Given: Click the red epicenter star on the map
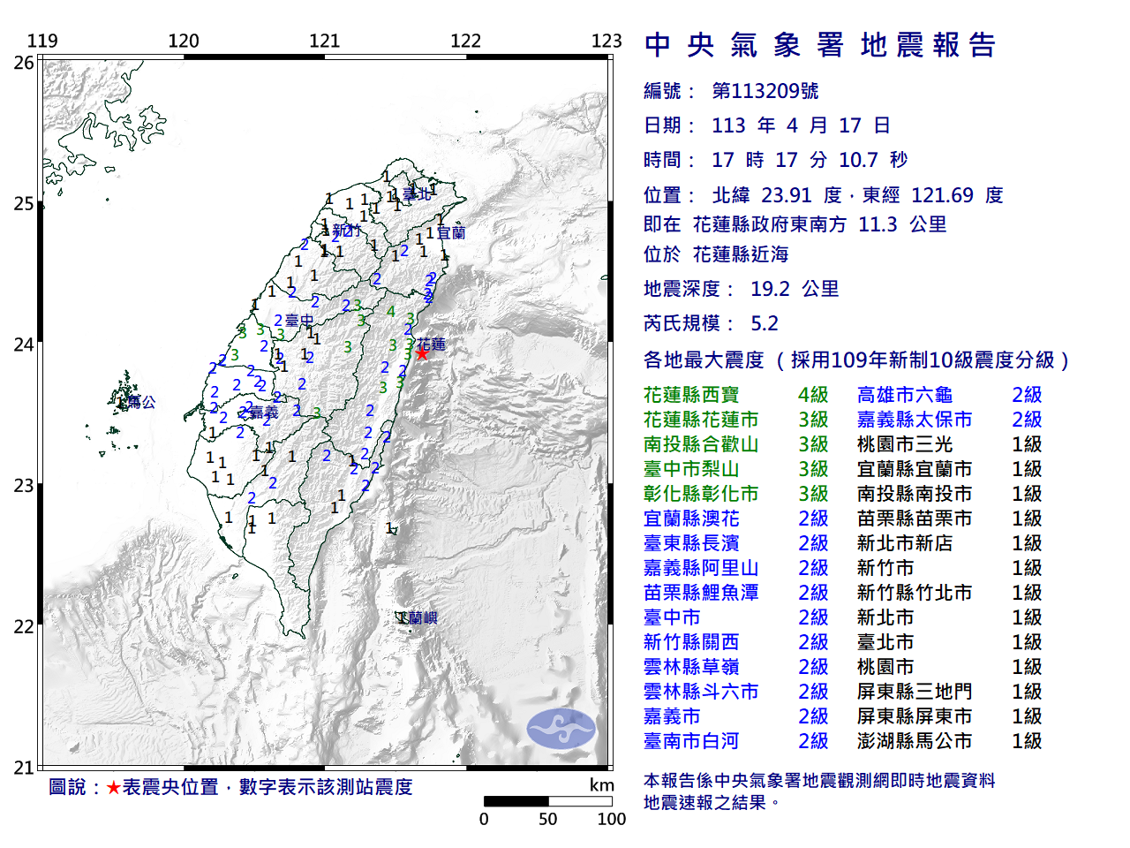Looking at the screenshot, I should click(x=422, y=352).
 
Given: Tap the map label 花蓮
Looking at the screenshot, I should click(x=432, y=344).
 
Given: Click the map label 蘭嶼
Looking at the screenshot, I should click(x=422, y=617).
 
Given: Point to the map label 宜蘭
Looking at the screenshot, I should click(x=451, y=232).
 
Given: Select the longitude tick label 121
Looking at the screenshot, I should click(x=325, y=41).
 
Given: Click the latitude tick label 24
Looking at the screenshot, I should click(x=24, y=344).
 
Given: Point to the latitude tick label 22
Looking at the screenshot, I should click(x=24, y=627).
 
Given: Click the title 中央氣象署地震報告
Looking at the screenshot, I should click(x=820, y=45).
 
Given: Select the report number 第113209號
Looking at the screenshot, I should click(x=765, y=91).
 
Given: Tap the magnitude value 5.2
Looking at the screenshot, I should click(x=765, y=323).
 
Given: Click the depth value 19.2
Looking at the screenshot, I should click(x=770, y=289).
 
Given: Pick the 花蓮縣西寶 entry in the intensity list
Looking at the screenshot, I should click(x=691, y=395).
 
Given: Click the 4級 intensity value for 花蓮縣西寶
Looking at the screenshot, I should click(x=813, y=395).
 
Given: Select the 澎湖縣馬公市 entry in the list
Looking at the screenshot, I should click(x=914, y=741).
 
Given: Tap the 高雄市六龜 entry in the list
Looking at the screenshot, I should click(x=904, y=395).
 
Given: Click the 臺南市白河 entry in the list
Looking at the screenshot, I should click(x=691, y=741).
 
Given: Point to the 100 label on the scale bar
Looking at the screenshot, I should click(x=611, y=819).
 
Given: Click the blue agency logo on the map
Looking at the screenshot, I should click(x=561, y=729).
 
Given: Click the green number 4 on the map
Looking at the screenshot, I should click(x=390, y=311).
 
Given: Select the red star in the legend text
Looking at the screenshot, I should click(x=113, y=787).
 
